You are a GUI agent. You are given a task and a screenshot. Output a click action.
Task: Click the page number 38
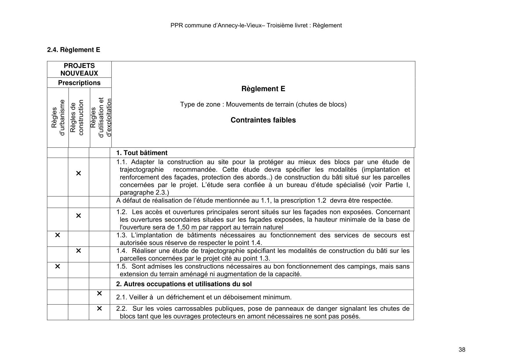(462, 350)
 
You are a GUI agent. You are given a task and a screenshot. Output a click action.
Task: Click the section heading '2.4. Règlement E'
(74, 50)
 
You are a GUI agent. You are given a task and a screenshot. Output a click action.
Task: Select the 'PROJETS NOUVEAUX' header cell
(79, 69)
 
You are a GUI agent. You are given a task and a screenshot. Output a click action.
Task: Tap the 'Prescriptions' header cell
(79, 83)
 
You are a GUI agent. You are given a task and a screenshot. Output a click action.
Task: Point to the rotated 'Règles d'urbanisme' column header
(58, 118)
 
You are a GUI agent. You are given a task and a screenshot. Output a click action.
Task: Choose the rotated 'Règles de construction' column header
(77, 118)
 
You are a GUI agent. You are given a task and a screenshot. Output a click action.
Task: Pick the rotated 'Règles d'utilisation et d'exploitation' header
(101, 118)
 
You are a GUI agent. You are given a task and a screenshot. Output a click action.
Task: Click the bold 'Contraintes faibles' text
(263, 120)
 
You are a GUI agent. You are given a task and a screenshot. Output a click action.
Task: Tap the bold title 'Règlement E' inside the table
(263, 89)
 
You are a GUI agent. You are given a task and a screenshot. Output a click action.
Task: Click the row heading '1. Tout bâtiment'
(142, 153)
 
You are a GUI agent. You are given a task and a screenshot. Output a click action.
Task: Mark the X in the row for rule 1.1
(78, 173)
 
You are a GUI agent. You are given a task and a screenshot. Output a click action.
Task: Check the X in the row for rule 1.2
(78, 216)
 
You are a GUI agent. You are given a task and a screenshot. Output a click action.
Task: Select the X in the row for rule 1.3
(57, 235)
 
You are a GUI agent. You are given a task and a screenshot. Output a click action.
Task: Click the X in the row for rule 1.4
(78, 251)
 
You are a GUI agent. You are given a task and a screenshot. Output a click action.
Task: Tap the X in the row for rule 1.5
(57, 266)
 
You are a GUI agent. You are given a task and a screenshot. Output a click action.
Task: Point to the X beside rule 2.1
(99, 294)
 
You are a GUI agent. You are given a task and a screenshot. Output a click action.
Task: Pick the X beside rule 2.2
(99, 308)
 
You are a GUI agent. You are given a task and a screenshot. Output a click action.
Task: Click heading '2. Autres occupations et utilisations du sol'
(184, 284)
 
